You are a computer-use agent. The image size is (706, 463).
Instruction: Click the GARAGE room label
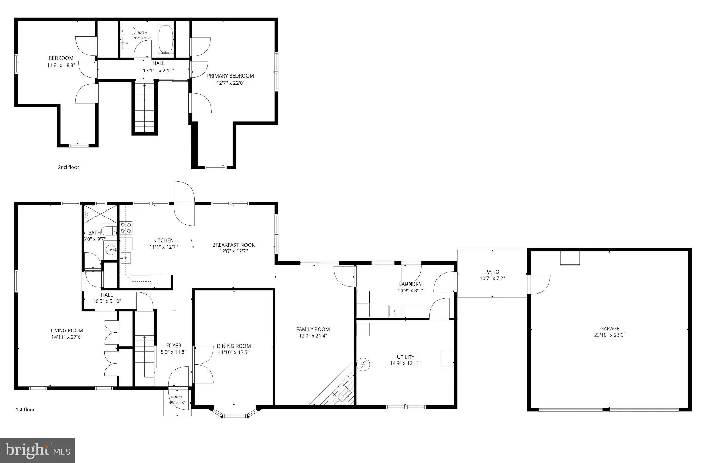click(609, 329)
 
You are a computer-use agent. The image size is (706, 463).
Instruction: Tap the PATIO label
click(492, 272)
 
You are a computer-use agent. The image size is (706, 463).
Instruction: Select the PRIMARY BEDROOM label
click(230, 76)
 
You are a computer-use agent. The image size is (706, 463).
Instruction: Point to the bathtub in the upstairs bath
click(166, 39)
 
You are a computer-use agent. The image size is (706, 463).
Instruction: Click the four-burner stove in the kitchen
click(125, 228)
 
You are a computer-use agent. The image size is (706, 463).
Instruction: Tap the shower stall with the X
click(100, 214)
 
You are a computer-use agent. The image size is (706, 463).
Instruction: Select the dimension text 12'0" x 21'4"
click(313, 336)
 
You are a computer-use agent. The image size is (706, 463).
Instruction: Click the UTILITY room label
click(405, 357)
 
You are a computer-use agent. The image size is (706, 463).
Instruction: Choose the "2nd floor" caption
click(68, 167)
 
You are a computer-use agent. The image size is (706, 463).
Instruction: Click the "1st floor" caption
click(25, 410)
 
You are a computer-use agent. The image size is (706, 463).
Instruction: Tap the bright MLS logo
click(38, 450)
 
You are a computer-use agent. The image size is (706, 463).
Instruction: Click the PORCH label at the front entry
click(178, 397)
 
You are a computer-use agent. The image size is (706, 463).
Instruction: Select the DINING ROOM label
click(234, 346)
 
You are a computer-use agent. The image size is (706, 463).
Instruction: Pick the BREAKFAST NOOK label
click(234, 245)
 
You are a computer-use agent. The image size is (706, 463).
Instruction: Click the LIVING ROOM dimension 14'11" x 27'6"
click(67, 337)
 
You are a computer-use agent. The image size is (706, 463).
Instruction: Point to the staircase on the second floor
click(144, 107)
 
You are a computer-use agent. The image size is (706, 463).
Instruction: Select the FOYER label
click(173, 346)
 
